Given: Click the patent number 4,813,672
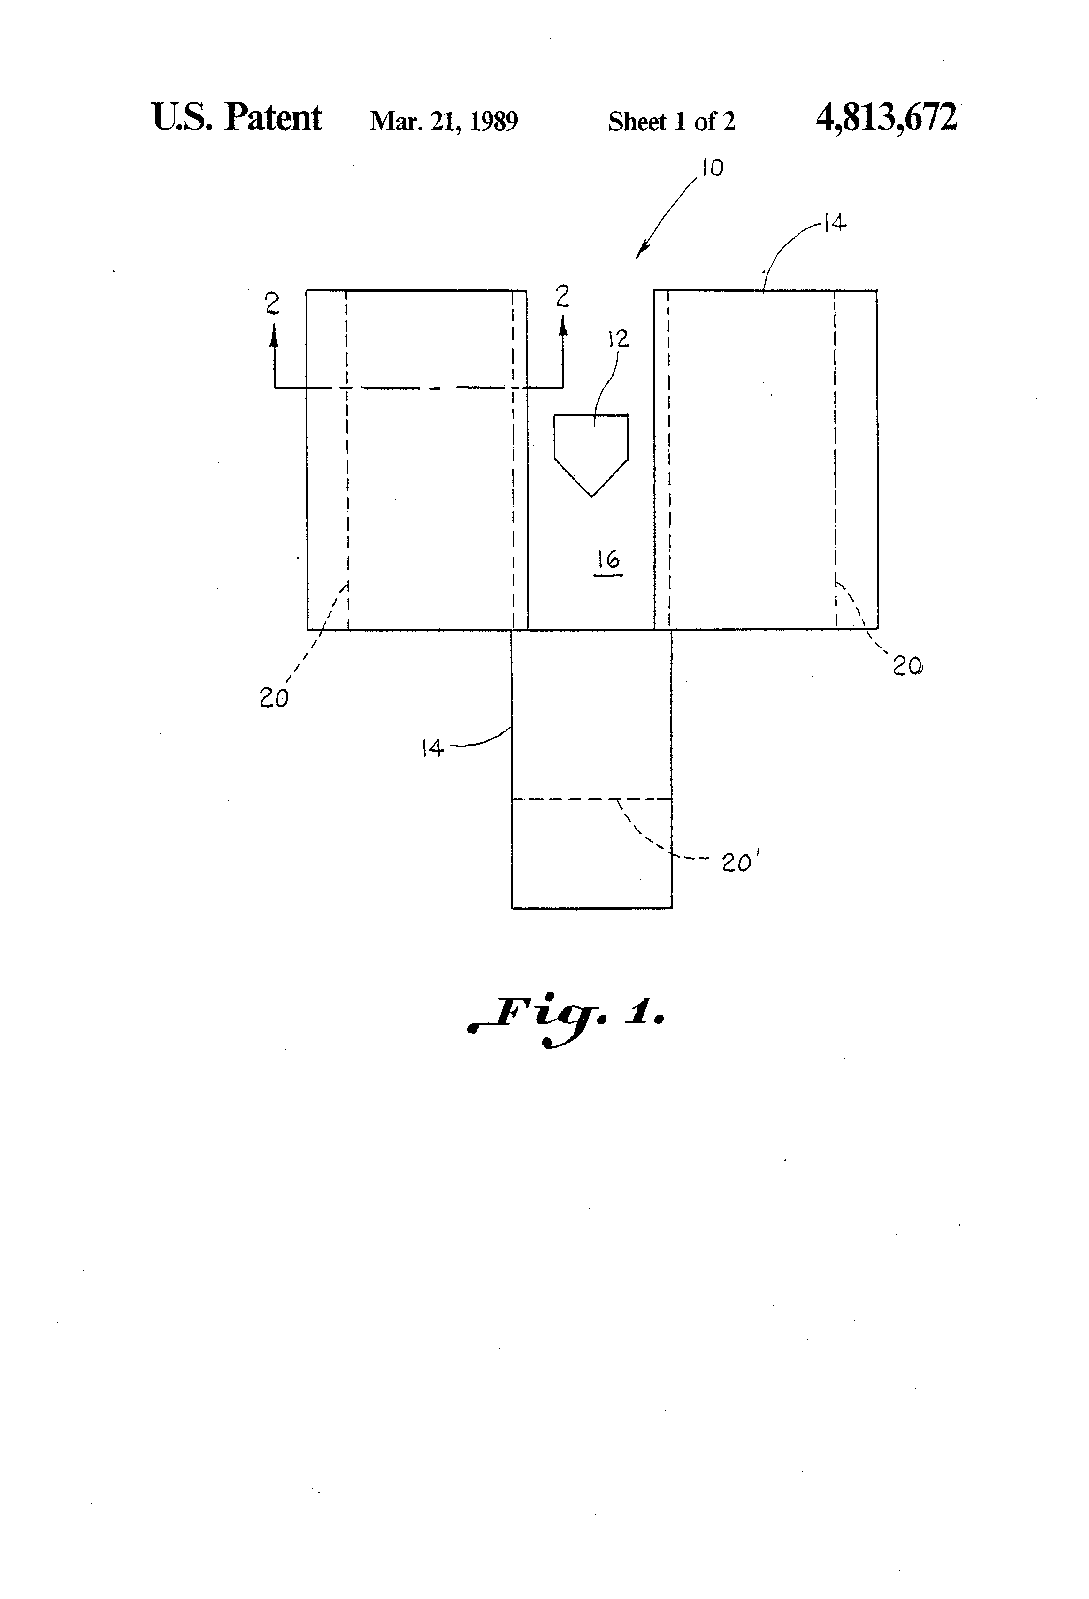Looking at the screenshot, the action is coord(886,118).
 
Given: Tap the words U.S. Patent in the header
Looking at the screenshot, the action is coord(236,118).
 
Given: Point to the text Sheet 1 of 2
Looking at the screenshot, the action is coord(671,122).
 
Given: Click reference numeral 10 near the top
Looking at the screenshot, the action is coord(713,168).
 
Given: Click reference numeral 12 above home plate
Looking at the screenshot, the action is coord(618,339).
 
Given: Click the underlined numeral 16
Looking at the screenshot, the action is coord(608,560).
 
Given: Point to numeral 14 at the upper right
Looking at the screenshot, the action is coord(834,223).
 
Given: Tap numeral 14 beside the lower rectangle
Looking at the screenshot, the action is coord(432,748).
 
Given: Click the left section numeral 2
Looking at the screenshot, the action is coord(273,303).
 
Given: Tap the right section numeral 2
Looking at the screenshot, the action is coord(562,297).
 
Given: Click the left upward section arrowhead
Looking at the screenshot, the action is coord(274,334).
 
